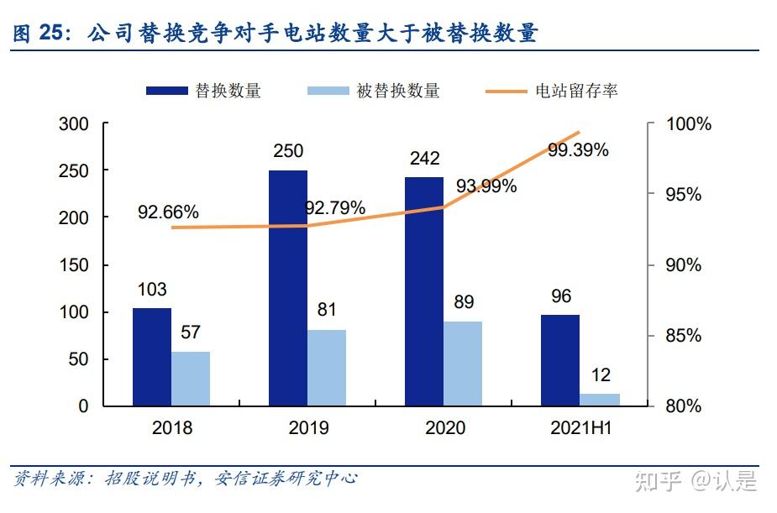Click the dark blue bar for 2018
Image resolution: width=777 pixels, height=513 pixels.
pos(151,357)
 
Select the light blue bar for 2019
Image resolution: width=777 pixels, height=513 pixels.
pos(326,368)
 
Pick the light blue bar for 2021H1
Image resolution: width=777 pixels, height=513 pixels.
pos(599,400)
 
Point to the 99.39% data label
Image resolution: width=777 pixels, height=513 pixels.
pos(578,150)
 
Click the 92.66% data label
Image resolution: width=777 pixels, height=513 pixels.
pos(168,212)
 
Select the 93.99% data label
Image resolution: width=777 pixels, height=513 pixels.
pos(486,186)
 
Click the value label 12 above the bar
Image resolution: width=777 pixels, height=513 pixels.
pos(601,375)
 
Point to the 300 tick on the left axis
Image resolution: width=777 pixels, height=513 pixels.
pos(73,124)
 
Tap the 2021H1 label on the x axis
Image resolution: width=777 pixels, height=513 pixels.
pos(581,428)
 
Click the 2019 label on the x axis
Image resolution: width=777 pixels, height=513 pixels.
pos(308,428)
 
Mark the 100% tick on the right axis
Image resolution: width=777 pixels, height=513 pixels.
pos(688,124)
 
